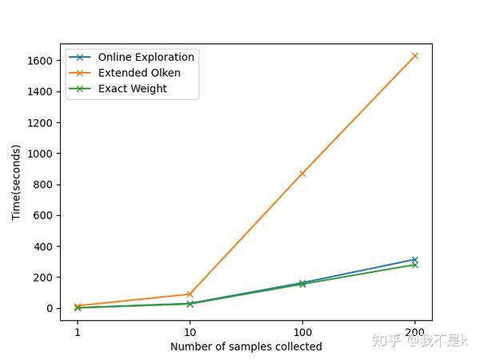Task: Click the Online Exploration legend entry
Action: [x=146, y=58]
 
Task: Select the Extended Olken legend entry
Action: [x=139, y=73]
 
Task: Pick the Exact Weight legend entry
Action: [x=132, y=89]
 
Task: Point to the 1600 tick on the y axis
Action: [x=41, y=61]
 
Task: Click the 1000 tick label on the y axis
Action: [x=41, y=154]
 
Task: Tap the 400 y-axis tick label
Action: [x=43, y=246]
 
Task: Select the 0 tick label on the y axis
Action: [x=49, y=309]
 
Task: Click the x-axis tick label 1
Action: [x=78, y=331]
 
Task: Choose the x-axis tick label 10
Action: [x=190, y=331]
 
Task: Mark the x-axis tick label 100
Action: [x=302, y=331]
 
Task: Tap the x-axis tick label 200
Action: [x=414, y=331]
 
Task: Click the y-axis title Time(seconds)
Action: [x=16, y=182]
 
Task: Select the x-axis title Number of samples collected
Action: [x=246, y=346]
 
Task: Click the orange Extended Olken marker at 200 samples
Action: [x=414, y=56]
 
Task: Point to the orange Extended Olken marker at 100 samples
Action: [x=302, y=174]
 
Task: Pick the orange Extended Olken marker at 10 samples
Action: [x=190, y=294]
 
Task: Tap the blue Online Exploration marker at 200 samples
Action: [x=414, y=260]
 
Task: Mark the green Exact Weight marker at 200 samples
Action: [x=414, y=265]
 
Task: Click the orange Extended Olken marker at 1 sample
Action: [x=78, y=306]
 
